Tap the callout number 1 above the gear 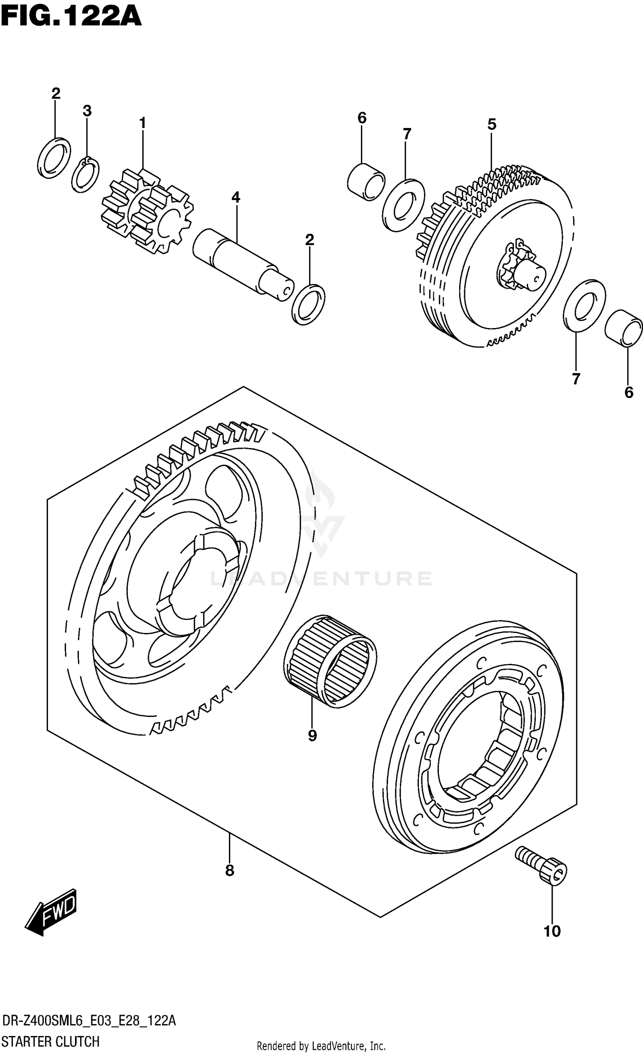[142, 123]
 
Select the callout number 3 [87, 111]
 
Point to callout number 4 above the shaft [236, 197]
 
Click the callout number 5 [492, 125]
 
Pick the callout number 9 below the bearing [312, 736]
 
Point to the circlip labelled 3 [85, 175]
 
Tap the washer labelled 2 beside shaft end [308, 305]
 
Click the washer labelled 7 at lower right [584, 305]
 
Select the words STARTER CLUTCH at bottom [51, 1042]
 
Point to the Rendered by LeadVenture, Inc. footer [321, 1046]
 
